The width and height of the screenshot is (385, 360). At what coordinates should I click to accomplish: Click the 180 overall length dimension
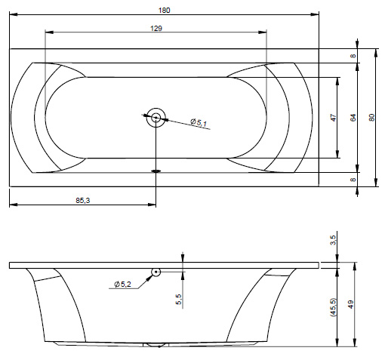tap(164, 11)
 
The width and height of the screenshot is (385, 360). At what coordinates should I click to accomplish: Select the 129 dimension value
tap(156, 29)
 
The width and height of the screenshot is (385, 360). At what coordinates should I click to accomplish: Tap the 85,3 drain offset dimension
tap(83, 201)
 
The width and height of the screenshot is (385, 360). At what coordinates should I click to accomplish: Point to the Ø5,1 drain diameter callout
tap(199, 122)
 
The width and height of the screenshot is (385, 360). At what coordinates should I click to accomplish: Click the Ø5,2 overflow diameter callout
tap(122, 285)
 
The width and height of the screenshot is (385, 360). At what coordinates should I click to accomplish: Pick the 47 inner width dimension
tap(333, 118)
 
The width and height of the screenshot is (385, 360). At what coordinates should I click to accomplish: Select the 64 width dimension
tap(353, 118)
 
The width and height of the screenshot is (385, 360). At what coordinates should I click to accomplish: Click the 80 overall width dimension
tap(372, 118)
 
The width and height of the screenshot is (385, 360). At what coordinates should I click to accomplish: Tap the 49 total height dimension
tap(350, 304)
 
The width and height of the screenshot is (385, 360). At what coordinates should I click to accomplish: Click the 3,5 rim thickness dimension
tap(333, 240)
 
